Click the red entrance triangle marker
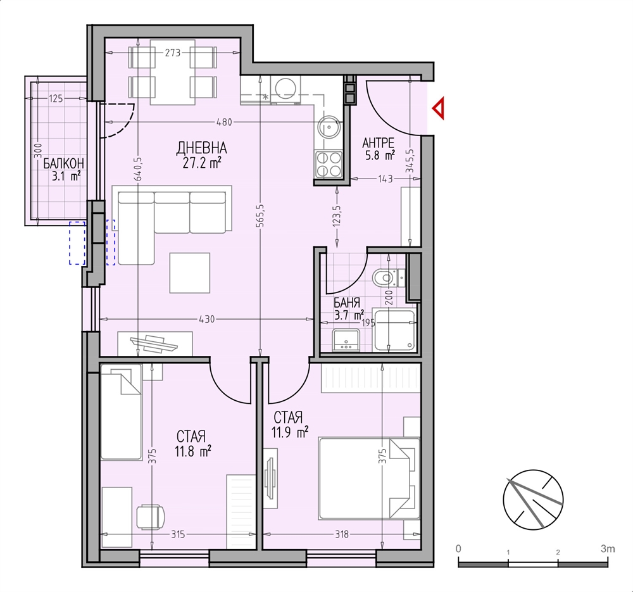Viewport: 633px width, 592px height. point(439,109)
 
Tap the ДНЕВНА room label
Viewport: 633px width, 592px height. point(201,148)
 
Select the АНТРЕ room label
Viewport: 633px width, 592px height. point(379,142)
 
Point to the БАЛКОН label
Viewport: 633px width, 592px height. point(64,163)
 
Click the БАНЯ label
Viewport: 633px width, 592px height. point(347,303)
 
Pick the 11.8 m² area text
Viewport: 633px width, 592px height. point(193,451)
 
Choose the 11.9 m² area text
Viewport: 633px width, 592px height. point(290,432)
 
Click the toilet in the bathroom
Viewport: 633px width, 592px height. point(384,277)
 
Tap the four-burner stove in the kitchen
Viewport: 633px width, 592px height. point(329,165)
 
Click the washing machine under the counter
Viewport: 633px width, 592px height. point(286,90)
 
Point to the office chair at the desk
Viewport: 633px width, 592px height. point(151,517)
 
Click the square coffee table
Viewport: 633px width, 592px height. point(190,273)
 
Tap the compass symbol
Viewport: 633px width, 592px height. point(533,499)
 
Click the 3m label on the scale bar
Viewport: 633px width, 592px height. point(608,549)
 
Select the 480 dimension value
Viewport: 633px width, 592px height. point(225,122)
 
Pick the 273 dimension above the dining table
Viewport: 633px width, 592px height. point(172,53)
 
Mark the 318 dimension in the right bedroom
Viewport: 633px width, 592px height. point(342,534)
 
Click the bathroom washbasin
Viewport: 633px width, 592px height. point(346,339)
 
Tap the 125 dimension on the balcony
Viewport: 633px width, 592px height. point(56,98)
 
